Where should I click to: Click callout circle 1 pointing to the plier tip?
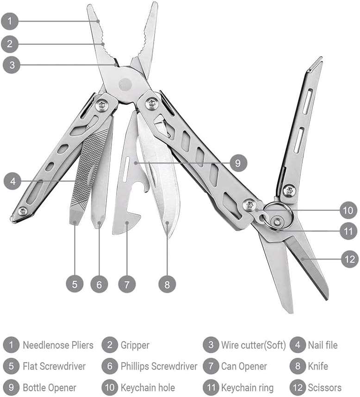point(10,21)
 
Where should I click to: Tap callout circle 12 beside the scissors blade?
point(349,259)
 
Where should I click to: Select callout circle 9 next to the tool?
point(238,163)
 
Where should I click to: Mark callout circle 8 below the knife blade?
point(167,283)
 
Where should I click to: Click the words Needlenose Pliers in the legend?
point(58,345)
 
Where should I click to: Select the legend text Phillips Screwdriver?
point(159,366)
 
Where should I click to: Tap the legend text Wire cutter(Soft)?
point(253,345)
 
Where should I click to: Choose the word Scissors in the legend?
point(324,387)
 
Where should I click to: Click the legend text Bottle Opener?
point(50,387)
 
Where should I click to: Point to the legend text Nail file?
point(323,345)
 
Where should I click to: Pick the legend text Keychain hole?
point(148,387)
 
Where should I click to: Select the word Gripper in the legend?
point(135,345)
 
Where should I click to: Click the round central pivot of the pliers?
point(125,85)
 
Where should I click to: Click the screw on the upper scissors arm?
point(289,190)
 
